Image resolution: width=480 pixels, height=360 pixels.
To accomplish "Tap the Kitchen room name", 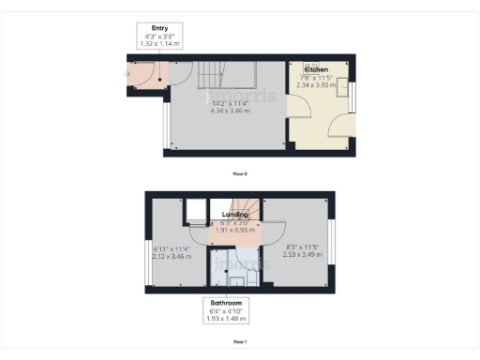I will pyautogui.click(x=315, y=70).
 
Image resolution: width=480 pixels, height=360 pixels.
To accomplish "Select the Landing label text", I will pyautogui.click(x=234, y=216).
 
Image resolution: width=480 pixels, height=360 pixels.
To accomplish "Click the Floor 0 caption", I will pyautogui.click(x=240, y=174).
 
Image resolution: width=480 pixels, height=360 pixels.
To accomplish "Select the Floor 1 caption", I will pyautogui.click(x=240, y=342).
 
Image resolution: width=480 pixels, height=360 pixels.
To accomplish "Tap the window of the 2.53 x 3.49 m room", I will pyautogui.click(x=330, y=252).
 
